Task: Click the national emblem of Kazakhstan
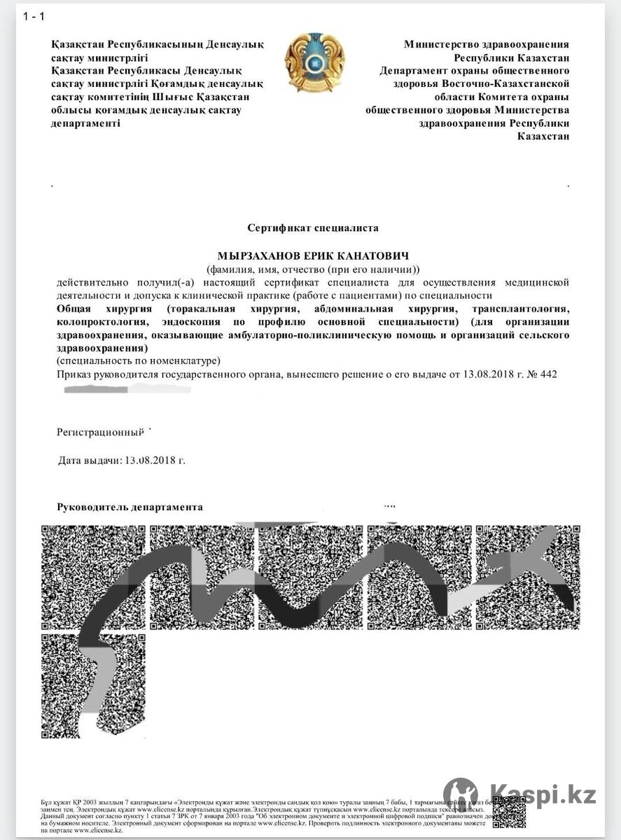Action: (314, 62)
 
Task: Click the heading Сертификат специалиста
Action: (313, 227)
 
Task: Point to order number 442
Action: (548, 374)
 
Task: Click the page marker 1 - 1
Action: (34, 16)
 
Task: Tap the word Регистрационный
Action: (100, 432)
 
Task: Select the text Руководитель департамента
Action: (130, 507)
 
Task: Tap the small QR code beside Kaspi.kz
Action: (508, 812)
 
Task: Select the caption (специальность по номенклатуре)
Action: (138, 360)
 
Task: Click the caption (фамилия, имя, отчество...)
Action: (312, 269)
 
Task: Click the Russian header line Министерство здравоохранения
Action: (487, 44)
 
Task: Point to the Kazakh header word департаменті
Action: (85, 123)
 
